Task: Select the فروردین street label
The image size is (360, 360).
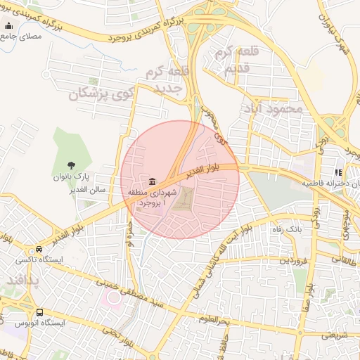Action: coord(292,261)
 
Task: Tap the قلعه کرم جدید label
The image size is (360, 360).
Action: coord(166,79)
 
